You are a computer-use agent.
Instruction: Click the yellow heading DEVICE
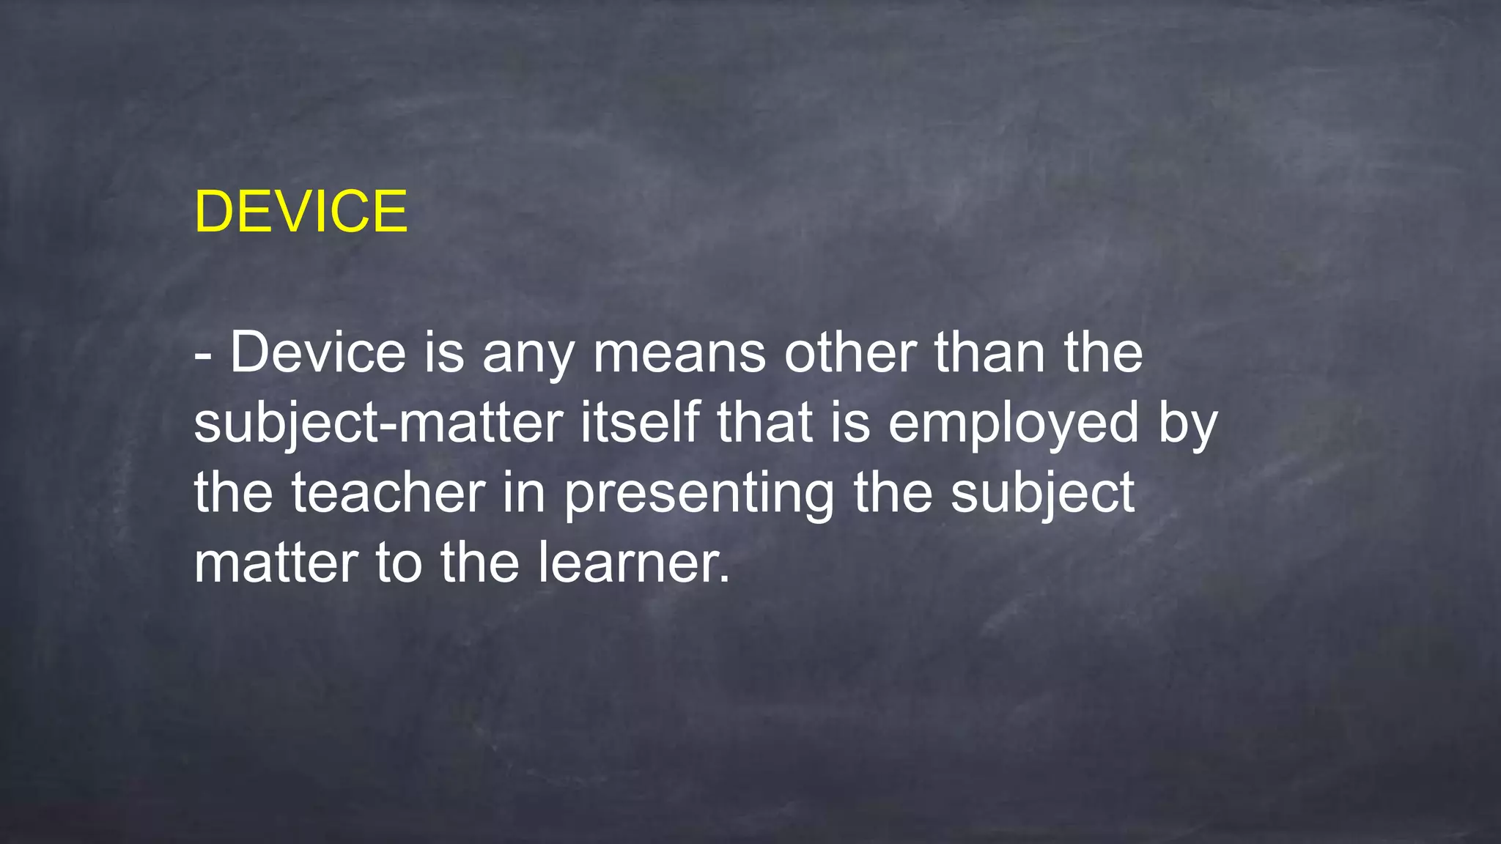[x=300, y=212]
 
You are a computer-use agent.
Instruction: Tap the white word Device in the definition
[x=318, y=352]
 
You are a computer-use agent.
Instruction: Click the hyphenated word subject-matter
[x=378, y=423]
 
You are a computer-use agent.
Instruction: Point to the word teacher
[x=388, y=492]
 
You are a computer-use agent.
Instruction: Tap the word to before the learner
[x=399, y=563]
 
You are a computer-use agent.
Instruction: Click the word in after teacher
[x=524, y=492]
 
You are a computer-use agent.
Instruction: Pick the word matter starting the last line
[x=276, y=563]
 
